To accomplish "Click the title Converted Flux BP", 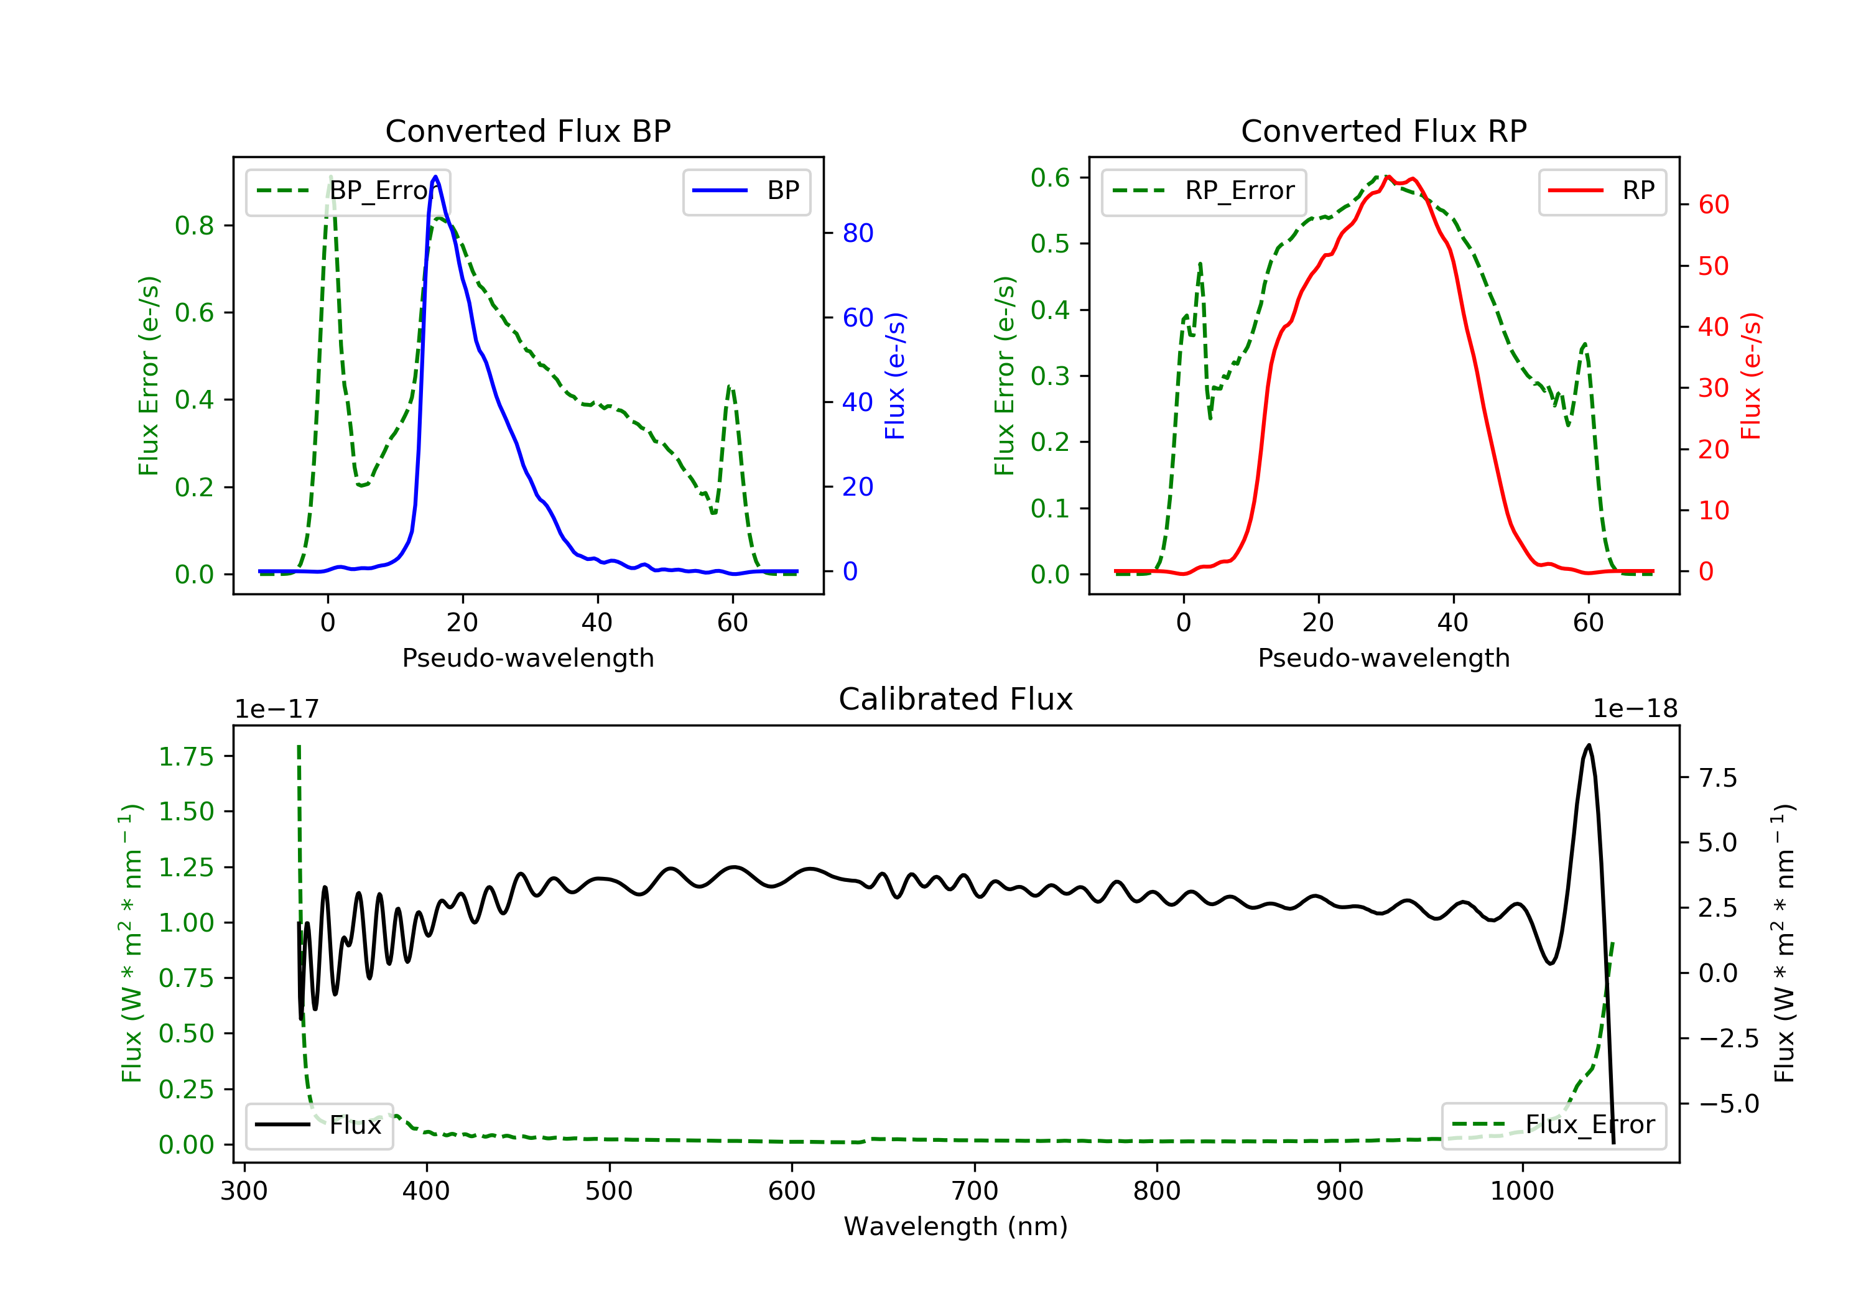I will coord(527,131).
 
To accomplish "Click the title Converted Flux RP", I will coord(1383,131).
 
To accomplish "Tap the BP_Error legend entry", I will coord(348,191).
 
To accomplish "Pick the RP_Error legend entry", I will coord(1204,191).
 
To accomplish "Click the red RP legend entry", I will coord(1602,191).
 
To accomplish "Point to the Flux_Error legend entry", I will coord(1553,1125).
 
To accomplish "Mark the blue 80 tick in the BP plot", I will coord(857,233).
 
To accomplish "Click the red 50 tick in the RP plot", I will coord(1713,266).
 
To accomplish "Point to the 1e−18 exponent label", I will coord(1635,709).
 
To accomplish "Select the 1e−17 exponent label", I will coord(276,709).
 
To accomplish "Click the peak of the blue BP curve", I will coord(435,177).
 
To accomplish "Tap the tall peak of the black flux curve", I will coord(1588,745).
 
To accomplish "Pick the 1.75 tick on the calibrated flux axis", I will coord(186,757).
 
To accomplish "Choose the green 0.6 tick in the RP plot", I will coord(1049,177).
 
